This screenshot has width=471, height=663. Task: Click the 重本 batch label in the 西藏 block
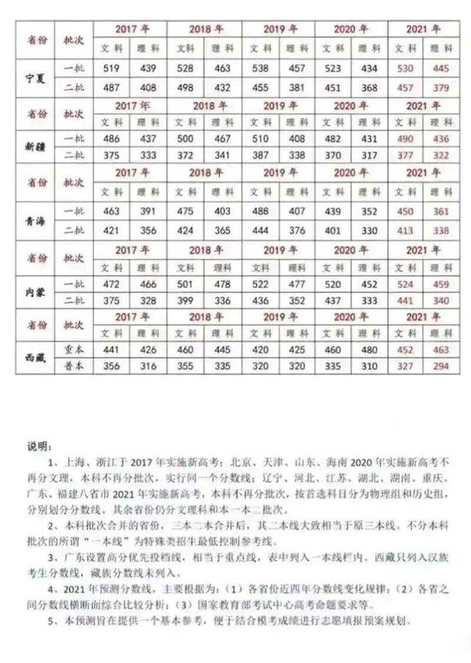74,350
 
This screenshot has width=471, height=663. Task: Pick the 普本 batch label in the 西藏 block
74,366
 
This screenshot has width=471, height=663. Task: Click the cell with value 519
111,69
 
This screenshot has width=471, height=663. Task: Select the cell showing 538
260,69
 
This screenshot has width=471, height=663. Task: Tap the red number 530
406,69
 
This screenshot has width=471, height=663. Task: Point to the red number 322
441,155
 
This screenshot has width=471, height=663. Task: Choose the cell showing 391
148,211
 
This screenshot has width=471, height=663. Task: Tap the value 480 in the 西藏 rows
369,350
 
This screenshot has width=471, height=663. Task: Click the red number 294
441,366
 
